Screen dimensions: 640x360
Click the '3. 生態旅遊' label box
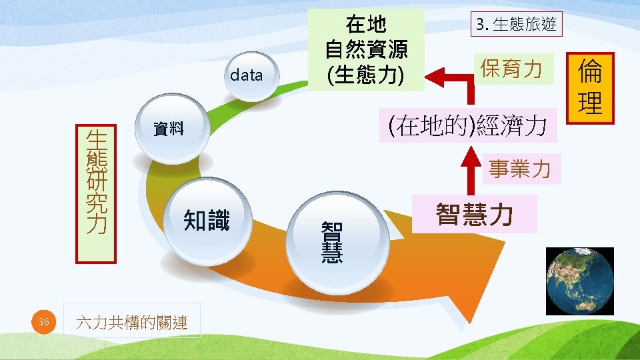(x=516, y=25)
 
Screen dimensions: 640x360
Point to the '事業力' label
(x=519, y=169)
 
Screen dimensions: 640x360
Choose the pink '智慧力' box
(x=474, y=214)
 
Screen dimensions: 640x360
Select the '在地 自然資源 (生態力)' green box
(x=366, y=50)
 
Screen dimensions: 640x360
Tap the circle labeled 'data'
(x=247, y=75)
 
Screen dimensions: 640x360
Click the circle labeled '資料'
(x=169, y=129)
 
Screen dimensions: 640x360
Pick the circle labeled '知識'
(x=207, y=220)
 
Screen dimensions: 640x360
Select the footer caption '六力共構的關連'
(x=132, y=323)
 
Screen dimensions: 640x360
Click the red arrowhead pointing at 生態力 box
(x=434, y=77)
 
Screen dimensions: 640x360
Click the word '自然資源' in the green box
(x=366, y=50)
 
